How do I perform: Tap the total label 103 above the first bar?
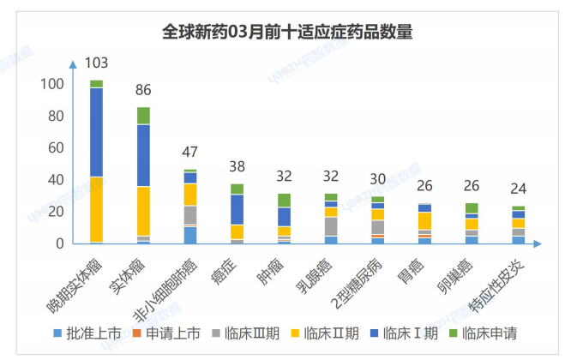click(97, 63)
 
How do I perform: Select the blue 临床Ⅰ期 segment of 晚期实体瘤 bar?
click(97, 132)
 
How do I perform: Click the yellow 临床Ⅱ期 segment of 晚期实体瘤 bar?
click(97, 209)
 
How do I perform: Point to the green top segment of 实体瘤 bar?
click(143, 116)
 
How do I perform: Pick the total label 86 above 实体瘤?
click(143, 90)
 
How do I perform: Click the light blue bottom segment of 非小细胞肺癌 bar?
click(190, 235)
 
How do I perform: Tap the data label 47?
click(190, 152)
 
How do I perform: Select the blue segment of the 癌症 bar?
click(237, 209)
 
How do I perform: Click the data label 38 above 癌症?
click(237, 166)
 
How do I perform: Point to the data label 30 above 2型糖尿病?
click(377, 179)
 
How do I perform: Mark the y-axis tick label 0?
click(59, 244)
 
